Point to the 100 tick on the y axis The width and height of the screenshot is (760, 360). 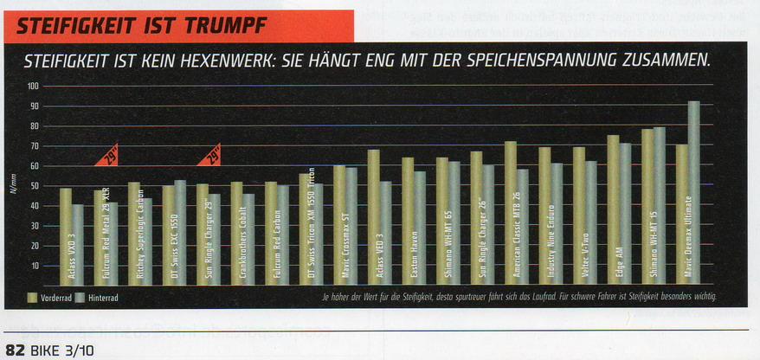point(34,87)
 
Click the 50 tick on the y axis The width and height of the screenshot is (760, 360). point(35,186)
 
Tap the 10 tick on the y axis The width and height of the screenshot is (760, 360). point(35,266)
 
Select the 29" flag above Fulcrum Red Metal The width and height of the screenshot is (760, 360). point(108,157)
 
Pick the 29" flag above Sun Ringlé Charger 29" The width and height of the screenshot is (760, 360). point(210,155)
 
